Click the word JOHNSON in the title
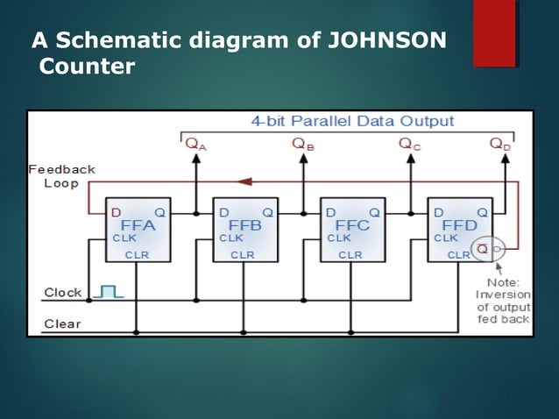(x=386, y=40)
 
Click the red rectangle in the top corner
(x=494, y=33)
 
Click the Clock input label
(x=62, y=292)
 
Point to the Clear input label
(x=62, y=323)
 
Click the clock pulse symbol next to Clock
(x=110, y=290)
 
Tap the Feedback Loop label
(x=61, y=175)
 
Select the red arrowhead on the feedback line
(x=246, y=182)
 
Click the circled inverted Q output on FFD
(x=483, y=250)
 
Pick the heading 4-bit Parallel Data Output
(x=353, y=121)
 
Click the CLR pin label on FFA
(x=137, y=255)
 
